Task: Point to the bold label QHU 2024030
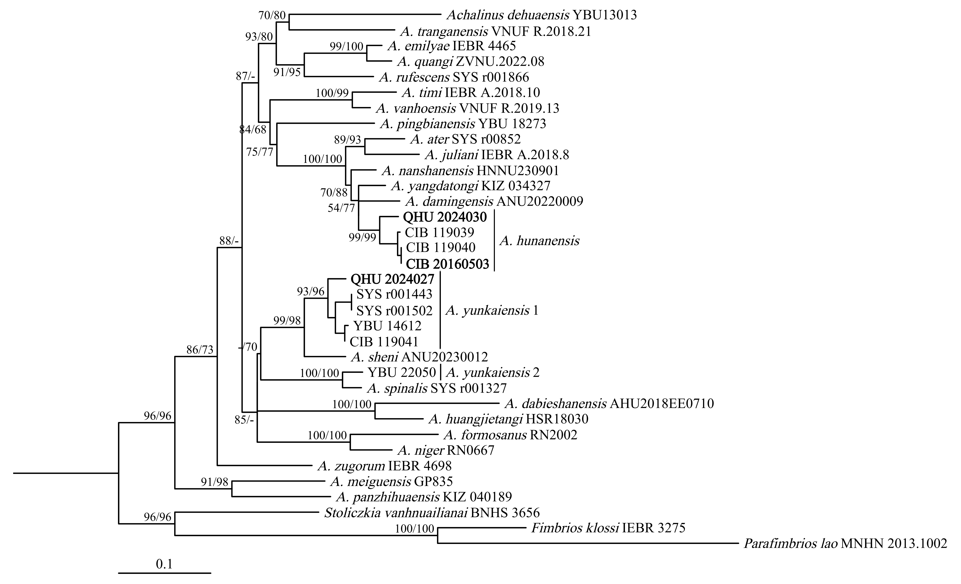[x=445, y=217]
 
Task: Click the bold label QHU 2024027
[x=392, y=279]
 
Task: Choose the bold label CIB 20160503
[x=447, y=264]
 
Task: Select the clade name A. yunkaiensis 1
[x=492, y=310]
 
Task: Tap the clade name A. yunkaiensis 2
[x=493, y=373]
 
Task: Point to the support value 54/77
[x=341, y=208]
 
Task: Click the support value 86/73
[x=200, y=350]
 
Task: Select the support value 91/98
[x=214, y=482]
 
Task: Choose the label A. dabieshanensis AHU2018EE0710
[x=609, y=404]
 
